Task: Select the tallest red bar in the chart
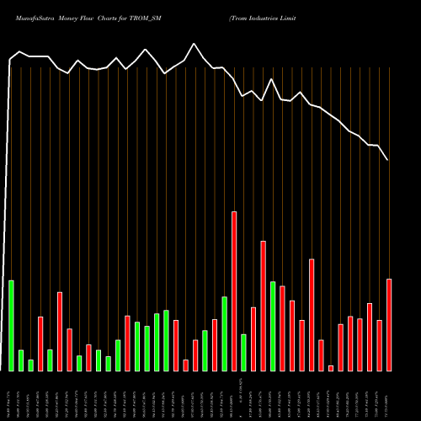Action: pyautogui.click(x=234, y=290)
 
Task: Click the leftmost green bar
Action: pyautogui.click(x=11, y=325)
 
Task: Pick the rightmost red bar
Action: pyautogui.click(x=389, y=324)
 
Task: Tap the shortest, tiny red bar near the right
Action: pyautogui.click(x=331, y=368)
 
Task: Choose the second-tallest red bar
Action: pyautogui.click(x=263, y=306)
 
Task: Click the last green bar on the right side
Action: pyautogui.click(x=273, y=326)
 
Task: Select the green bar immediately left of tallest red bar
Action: pyautogui.click(x=224, y=333)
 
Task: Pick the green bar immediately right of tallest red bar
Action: pyautogui.click(x=243, y=352)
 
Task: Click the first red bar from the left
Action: pyautogui.click(x=40, y=344)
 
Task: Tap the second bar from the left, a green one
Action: pyautogui.click(x=21, y=360)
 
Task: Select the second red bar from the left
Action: pyautogui.click(x=60, y=331)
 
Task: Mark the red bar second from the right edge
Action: pyautogui.click(x=380, y=345)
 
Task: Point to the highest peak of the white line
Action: pyautogui.click(x=195, y=44)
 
